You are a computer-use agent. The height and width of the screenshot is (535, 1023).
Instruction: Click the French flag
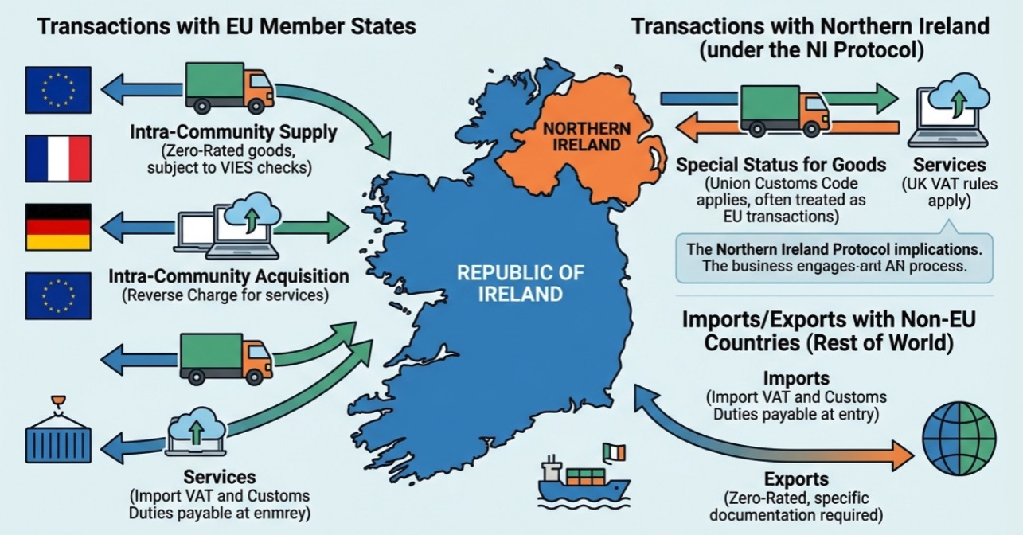tap(58, 158)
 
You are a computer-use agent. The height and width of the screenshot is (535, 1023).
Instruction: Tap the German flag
tap(58, 227)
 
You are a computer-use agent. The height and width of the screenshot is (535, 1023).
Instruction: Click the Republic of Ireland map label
tap(510, 283)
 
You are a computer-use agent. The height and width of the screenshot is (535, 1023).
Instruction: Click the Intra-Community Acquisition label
tap(228, 277)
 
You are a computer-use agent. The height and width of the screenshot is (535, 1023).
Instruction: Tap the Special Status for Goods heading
tap(780, 165)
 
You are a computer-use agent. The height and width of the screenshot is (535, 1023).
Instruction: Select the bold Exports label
tap(796, 479)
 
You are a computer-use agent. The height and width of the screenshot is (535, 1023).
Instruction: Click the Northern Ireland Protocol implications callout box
tap(834, 257)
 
